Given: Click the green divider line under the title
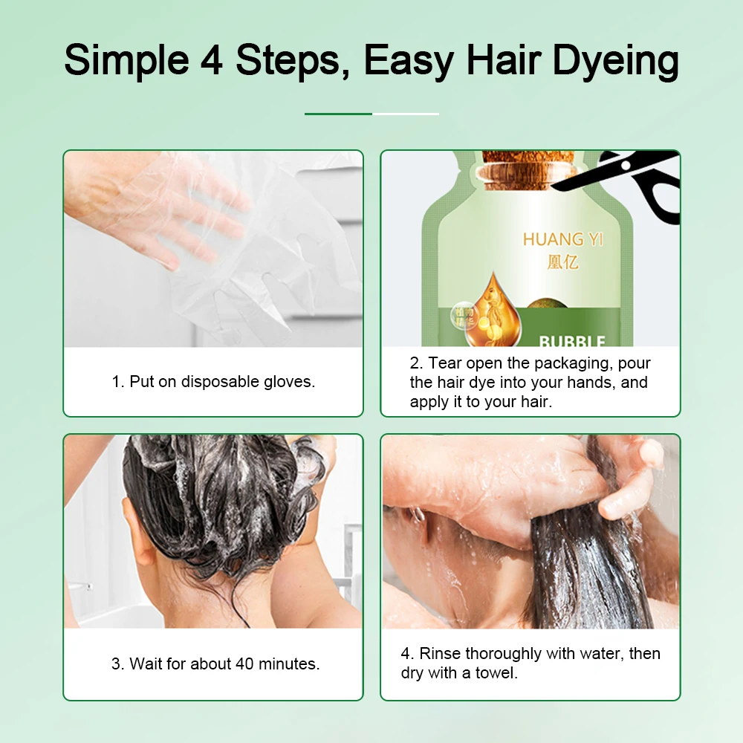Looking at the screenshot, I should tap(338, 114).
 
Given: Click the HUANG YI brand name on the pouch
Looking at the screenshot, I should tap(553, 239).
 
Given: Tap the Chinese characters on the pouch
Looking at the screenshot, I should tap(552, 262).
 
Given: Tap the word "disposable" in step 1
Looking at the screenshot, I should tap(221, 382).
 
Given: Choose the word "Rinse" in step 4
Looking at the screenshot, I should tap(440, 654).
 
